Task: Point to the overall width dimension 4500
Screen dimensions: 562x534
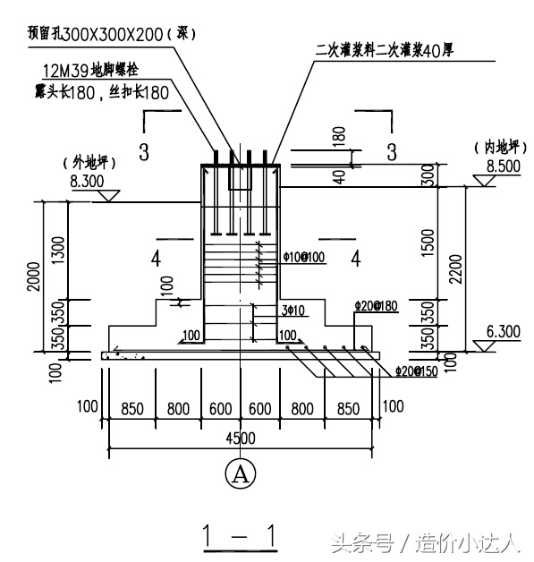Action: click(241, 438)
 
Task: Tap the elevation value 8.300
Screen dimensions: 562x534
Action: click(87, 183)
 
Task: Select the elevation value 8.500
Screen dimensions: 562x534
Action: click(491, 166)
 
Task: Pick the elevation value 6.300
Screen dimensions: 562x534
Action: click(491, 332)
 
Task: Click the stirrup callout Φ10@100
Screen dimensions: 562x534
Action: click(301, 257)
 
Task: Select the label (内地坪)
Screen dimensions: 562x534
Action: click(493, 148)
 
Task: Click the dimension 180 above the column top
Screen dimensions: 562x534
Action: click(338, 134)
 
